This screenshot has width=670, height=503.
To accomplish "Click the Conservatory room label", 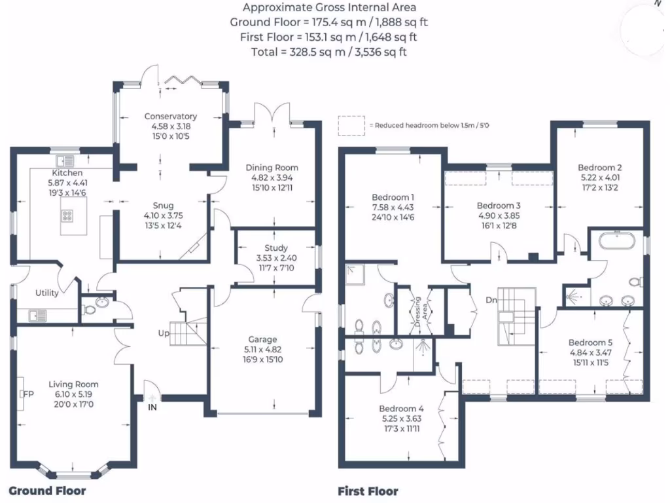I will click(171, 117).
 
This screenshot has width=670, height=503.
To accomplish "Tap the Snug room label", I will click(159, 206).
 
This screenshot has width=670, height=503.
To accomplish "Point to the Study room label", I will click(276, 248).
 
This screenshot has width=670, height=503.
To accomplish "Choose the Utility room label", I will click(47, 293).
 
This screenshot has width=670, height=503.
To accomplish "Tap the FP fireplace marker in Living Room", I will click(28, 394).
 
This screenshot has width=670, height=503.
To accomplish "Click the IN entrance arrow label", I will click(152, 407).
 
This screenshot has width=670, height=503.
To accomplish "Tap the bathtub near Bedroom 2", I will click(616, 242).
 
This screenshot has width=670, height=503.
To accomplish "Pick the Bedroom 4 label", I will click(401, 409).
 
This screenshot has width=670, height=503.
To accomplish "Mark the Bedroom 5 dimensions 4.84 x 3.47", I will click(591, 352).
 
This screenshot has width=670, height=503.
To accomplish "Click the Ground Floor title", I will click(47, 491).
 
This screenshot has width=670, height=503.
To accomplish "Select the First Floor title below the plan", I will click(368, 491).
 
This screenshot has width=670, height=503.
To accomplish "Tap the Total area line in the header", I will click(328, 52).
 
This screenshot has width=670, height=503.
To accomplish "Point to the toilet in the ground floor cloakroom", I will click(90, 309).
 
